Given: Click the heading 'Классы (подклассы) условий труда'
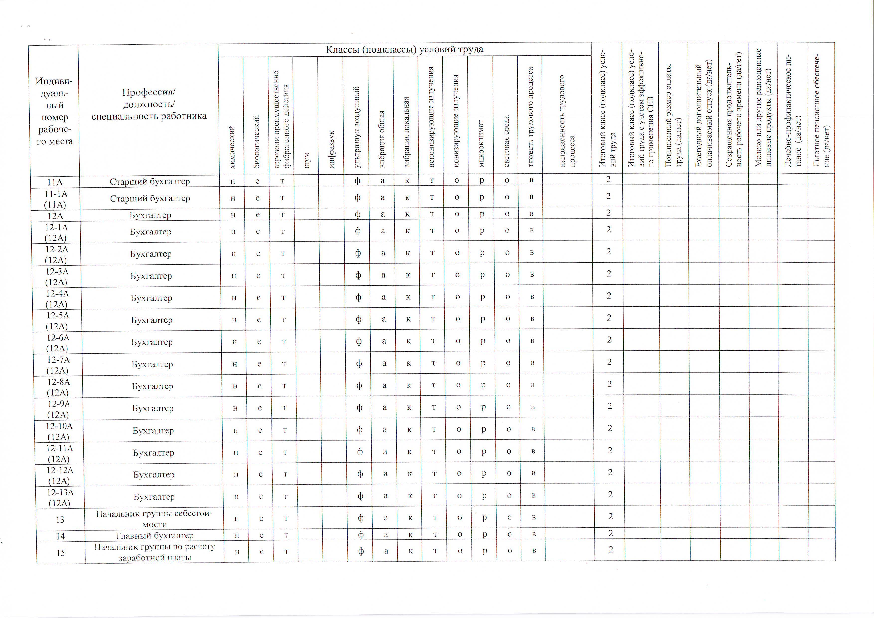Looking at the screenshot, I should (x=405, y=50).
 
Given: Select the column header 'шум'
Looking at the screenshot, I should (x=307, y=160).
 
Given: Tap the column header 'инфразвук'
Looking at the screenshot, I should (x=331, y=149).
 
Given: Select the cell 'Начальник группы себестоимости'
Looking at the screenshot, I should (x=154, y=519).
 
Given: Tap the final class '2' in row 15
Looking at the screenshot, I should (x=611, y=549).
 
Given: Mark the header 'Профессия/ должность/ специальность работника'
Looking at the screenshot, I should (x=149, y=104).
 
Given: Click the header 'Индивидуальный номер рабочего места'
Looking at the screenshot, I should (x=54, y=111).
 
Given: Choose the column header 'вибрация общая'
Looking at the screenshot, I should (x=382, y=139).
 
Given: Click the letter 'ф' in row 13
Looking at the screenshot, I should (x=360, y=518).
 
